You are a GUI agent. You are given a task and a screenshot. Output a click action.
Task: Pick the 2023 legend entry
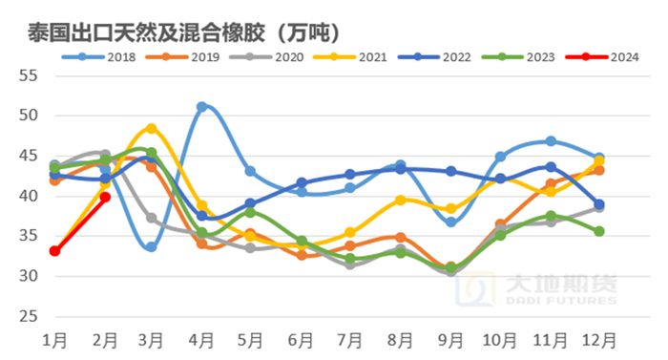pos(535,57)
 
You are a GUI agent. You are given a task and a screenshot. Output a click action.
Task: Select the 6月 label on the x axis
pos(301,339)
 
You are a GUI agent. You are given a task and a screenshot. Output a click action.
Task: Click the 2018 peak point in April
pos(202,107)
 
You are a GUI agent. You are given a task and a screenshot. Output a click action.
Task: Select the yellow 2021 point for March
pos(152,128)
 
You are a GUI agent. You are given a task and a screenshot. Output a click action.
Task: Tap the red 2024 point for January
pos(54,251)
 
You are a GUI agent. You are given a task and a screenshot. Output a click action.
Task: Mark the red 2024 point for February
pos(104,198)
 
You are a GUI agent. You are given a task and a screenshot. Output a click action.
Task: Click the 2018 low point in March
pos(152,246)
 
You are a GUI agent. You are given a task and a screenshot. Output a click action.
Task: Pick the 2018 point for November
pos(551,141)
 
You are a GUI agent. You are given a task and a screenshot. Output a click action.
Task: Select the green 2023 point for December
pos(599,231)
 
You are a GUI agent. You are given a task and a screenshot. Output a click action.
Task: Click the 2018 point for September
pos(450,222)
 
